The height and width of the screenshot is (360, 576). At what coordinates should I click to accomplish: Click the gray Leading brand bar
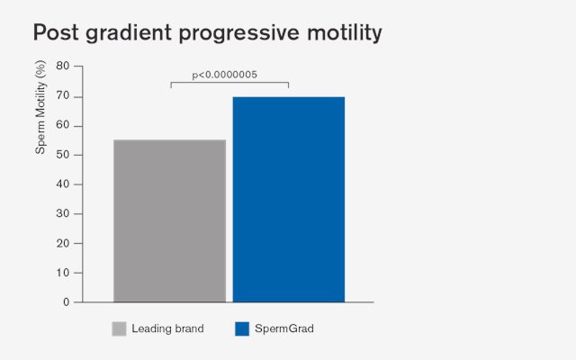coord(170,220)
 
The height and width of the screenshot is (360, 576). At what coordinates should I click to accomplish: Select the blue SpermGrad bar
coord(289,200)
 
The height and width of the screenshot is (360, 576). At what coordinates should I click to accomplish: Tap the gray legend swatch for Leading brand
coord(119,328)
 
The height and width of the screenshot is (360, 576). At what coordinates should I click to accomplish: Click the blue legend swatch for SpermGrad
coord(242,328)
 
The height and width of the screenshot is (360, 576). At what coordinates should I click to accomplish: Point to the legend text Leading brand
coord(168,328)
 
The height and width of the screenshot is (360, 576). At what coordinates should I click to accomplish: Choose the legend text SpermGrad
coord(284,328)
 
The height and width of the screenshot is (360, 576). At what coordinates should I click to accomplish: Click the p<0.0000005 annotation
coord(224,75)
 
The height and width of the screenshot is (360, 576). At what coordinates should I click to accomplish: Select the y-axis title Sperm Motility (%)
coord(40,107)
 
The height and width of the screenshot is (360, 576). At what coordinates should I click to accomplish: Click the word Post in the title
coord(56,32)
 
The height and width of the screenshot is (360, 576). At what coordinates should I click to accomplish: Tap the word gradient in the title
coord(129,33)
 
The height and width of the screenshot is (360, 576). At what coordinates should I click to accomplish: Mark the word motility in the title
coord(345,33)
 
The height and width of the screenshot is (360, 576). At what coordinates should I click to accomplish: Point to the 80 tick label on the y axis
coord(63,66)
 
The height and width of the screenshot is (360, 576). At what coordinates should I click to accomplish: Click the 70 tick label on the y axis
coord(63,96)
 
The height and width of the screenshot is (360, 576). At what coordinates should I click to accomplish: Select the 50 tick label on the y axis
coord(63,155)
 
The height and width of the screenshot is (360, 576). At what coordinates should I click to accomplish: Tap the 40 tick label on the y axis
coord(63,184)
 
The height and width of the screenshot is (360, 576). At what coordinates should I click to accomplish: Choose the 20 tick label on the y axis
coord(63,244)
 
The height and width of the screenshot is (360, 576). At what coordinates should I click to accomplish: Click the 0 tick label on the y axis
coord(66,302)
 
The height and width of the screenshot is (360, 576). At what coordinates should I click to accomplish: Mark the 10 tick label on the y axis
coord(63,273)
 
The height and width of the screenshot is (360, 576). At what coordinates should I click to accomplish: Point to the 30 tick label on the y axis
coord(63,214)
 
